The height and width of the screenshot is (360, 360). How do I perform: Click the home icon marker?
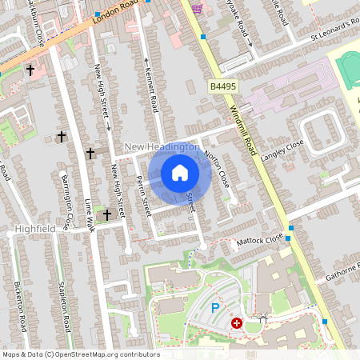(180, 173)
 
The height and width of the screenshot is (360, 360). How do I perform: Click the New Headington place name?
(163, 148)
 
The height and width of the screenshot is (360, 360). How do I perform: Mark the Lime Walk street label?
(90, 215)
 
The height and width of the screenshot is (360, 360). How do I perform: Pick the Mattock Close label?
(259, 239)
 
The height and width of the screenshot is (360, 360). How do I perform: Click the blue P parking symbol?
(214, 308)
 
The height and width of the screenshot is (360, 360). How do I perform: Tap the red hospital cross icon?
(237, 322)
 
